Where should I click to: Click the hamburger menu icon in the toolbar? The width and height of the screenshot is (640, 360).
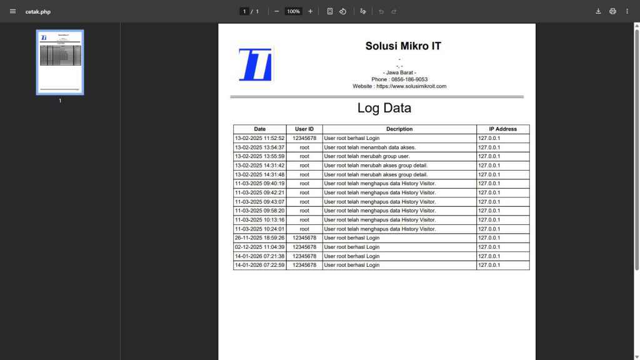[x=12, y=11]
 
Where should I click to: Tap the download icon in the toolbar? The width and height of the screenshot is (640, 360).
[x=598, y=11]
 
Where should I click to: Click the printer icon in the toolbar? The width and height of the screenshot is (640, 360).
[x=612, y=11]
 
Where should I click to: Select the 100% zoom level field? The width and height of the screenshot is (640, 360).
[x=293, y=11]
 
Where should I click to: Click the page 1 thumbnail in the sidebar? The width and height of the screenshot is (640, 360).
[x=60, y=62]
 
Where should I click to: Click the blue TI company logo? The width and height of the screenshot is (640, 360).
[x=255, y=64]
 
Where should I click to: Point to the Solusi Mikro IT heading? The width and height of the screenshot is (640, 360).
[x=403, y=46]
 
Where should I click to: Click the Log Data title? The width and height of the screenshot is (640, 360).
[x=384, y=107]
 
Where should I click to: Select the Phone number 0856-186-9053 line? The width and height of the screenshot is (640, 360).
[x=399, y=79]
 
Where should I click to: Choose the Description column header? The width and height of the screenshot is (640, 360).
[x=399, y=129]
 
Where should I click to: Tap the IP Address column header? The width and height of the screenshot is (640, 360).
[x=502, y=129]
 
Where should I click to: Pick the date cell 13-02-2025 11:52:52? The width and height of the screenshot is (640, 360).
[x=259, y=138]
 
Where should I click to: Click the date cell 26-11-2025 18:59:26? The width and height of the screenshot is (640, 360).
[x=259, y=238]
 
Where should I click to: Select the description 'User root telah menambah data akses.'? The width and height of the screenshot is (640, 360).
[x=370, y=147]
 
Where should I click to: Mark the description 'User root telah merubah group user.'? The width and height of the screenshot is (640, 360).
[x=367, y=156]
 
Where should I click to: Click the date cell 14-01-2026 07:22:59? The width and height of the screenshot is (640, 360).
[x=259, y=265]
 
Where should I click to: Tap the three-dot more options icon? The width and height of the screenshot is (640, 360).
[x=627, y=11]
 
